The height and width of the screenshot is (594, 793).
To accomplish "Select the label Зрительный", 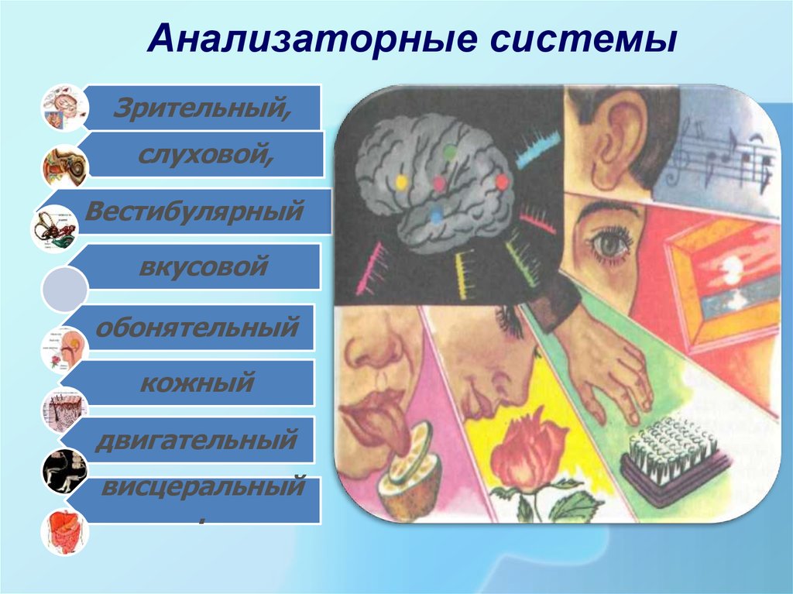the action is click(202, 108).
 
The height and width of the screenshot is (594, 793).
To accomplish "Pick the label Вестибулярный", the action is click(194, 211).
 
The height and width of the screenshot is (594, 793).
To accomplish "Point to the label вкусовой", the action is click(204, 266).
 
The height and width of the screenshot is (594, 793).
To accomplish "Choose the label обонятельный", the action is click(197, 327).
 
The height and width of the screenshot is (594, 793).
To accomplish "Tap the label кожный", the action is click(197, 383).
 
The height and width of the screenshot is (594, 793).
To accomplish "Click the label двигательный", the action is click(196, 439).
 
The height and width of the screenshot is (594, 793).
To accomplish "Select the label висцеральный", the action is click(204, 486).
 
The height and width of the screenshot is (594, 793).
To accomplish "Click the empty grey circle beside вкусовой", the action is click(65, 289).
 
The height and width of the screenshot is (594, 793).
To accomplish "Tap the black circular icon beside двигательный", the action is click(65, 471).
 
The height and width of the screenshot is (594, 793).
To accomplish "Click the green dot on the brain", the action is click(449, 150).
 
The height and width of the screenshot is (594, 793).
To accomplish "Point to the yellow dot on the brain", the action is click(402, 182).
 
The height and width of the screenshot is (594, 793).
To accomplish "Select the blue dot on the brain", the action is click(435, 217).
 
